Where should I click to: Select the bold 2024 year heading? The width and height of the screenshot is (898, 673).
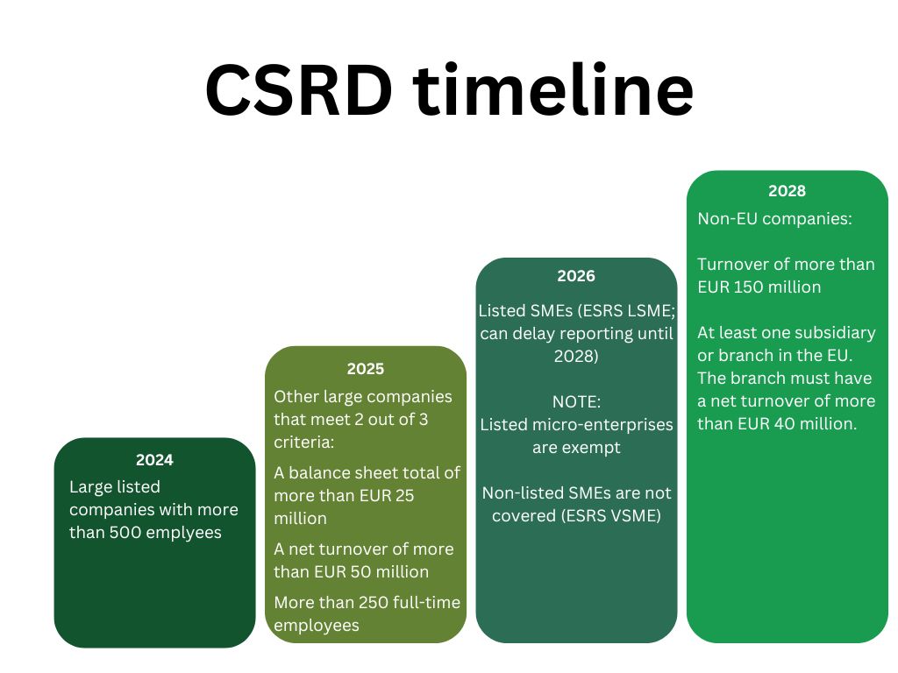tap(154, 459)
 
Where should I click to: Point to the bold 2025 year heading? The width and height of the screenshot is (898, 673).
tap(365, 369)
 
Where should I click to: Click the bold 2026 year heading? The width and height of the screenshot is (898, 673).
tap(576, 276)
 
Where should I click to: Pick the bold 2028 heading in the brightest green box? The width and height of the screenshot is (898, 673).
tap(787, 191)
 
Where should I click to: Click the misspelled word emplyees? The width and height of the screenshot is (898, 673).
tap(185, 532)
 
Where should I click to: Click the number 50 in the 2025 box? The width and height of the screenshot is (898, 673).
tap(361, 571)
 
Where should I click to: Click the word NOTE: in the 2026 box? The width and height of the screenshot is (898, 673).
tap(576, 401)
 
